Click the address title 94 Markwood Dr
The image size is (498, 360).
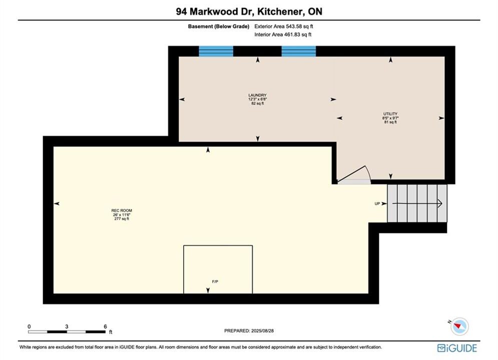214,11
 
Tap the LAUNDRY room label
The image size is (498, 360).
258,95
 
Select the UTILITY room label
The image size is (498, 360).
390,114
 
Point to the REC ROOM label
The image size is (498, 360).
122,210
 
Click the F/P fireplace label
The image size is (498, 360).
215,281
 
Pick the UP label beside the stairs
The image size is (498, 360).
377,203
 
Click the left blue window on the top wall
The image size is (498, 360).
216,51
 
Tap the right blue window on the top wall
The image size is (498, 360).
298,51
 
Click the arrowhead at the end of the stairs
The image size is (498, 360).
440,203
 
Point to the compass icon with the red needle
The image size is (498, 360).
459,326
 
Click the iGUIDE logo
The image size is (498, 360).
457,348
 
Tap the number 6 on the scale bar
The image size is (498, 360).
105,326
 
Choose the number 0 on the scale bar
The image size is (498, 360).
29,326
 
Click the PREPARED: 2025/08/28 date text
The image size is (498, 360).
249,330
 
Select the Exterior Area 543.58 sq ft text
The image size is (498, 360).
284,26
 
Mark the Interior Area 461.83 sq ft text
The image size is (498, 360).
283,34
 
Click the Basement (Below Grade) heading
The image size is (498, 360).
219,26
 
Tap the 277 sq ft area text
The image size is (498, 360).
122,219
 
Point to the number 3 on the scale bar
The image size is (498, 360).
67,326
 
